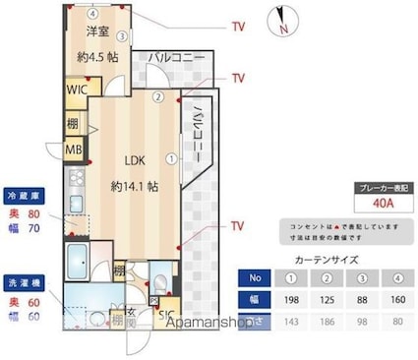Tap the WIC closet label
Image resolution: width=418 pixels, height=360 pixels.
tap(78, 90)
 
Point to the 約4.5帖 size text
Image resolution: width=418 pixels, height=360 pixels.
tap(98, 57)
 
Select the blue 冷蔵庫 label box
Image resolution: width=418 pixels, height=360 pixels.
tap(27, 194)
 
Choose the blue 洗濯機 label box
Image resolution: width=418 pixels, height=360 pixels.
tap(27, 278)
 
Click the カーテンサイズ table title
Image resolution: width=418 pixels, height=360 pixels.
tap(328, 259)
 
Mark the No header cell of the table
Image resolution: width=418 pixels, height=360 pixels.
tap(256, 276)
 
